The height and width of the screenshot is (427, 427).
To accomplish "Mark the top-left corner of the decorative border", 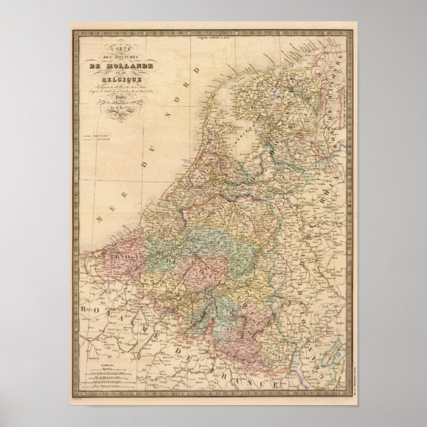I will point(71,30).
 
